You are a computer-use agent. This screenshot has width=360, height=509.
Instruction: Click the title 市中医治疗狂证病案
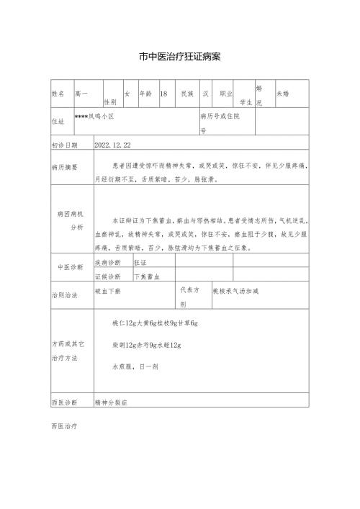click(180, 55)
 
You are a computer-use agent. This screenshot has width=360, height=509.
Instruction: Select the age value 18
click(163, 94)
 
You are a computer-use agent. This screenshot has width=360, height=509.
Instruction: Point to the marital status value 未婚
click(283, 94)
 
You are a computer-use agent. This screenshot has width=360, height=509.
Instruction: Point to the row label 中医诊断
click(70, 267)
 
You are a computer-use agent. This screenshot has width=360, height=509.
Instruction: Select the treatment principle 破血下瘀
click(108, 292)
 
